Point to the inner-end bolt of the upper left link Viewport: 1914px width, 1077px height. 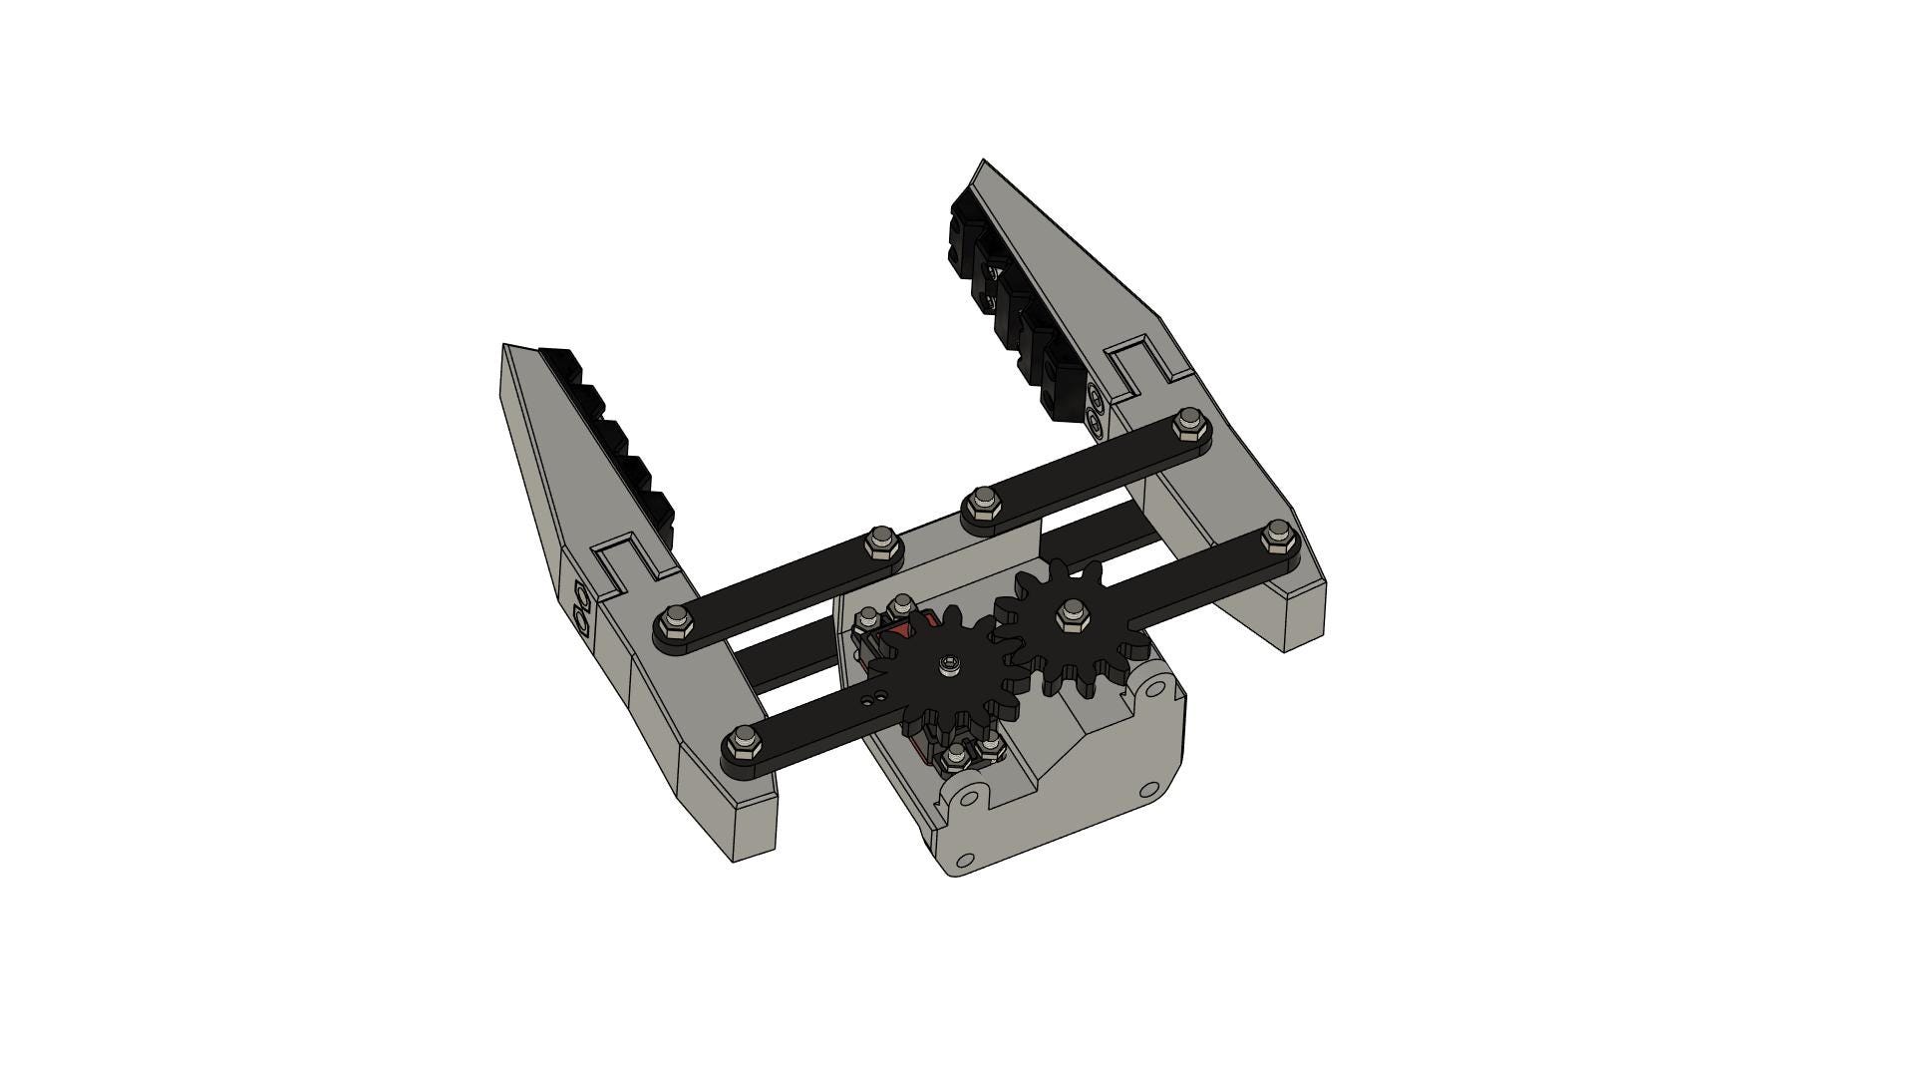880,541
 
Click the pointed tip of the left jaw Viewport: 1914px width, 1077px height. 505,347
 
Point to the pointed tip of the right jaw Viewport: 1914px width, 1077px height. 982,162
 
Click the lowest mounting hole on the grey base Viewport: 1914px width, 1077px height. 965,860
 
